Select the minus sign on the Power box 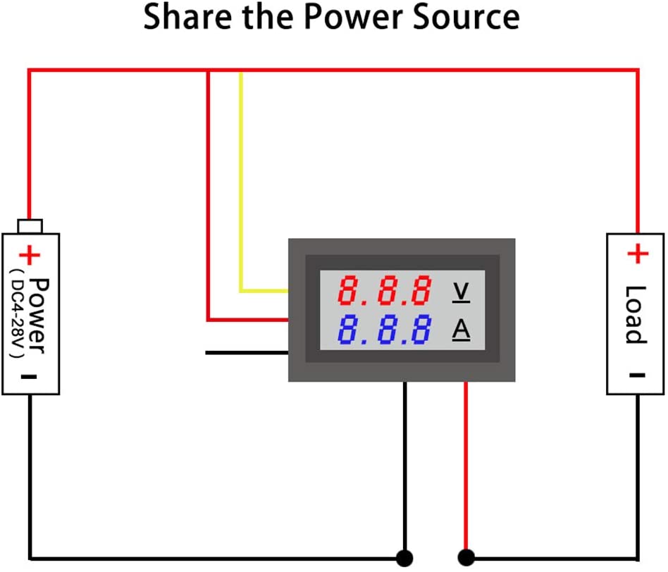pyautogui.click(x=29, y=376)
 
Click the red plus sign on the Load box pyautogui.click(x=636, y=254)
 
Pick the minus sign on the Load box pyautogui.click(x=636, y=375)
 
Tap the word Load pyautogui.click(x=636, y=314)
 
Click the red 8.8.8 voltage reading pyautogui.click(x=384, y=290)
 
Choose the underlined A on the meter pyautogui.click(x=461, y=330)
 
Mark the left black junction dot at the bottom pyautogui.click(x=404, y=558)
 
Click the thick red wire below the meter pyautogui.click(x=465, y=465)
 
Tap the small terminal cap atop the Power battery pyautogui.click(x=30, y=225)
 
